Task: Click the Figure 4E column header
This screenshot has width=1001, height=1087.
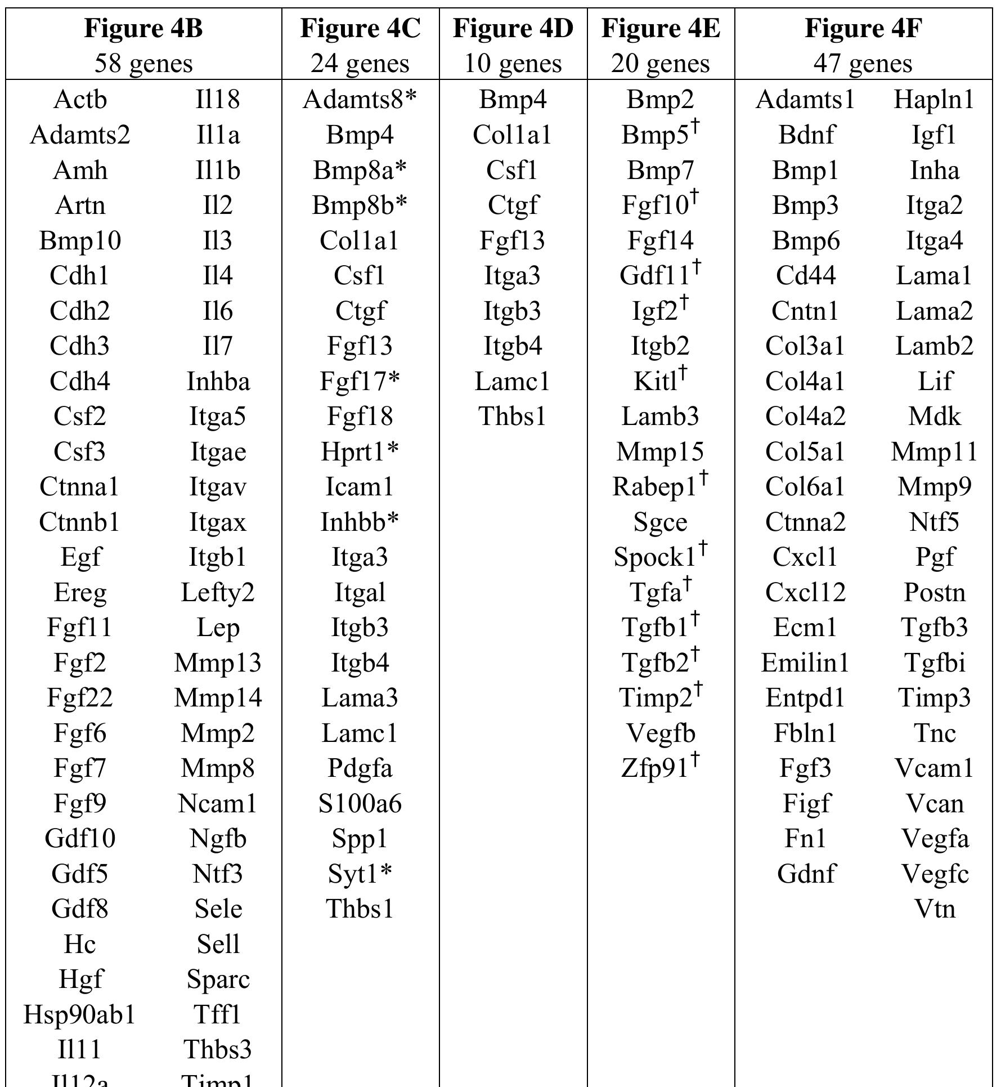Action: (x=661, y=28)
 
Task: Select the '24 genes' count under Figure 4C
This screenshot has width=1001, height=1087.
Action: (x=360, y=63)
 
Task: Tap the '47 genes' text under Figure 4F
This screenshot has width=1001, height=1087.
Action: (x=863, y=63)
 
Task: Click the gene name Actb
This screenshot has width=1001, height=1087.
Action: (x=80, y=100)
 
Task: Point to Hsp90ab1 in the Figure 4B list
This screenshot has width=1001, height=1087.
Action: (x=80, y=1014)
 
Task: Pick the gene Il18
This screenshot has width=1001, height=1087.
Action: (x=218, y=100)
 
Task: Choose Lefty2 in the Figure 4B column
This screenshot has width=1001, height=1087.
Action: (x=218, y=592)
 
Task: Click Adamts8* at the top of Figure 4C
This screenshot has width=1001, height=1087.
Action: (x=360, y=100)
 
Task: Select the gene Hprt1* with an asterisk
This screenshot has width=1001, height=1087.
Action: (x=360, y=451)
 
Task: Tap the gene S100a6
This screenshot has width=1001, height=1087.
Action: (x=360, y=803)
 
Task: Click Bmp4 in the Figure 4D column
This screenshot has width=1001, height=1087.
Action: (x=513, y=100)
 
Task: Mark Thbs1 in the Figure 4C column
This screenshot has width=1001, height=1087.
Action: (x=360, y=909)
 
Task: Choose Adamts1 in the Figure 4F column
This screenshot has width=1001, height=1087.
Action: (x=805, y=100)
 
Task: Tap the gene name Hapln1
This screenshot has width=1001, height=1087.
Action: (x=934, y=100)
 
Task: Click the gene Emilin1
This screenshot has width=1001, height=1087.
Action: (x=805, y=663)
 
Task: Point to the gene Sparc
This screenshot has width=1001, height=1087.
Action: (x=218, y=979)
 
